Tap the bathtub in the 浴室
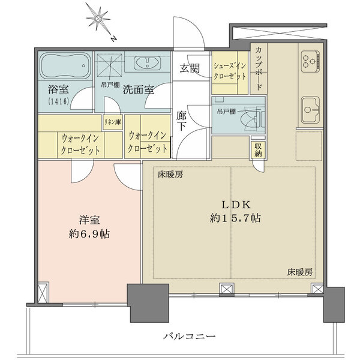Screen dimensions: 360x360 tap(65, 65)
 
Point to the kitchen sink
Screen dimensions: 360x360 tap(310, 110)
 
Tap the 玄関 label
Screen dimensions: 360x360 tap(190, 68)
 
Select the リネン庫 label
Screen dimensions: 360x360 tap(113, 122)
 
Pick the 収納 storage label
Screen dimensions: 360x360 tap(258, 149)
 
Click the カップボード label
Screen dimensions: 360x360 tap(258, 68)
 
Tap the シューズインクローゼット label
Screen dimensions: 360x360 tap(230, 71)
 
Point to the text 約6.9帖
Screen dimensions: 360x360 tap(89, 235)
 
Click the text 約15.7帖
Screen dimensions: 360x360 tap(235, 218)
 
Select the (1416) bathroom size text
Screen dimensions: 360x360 tap(58, 101)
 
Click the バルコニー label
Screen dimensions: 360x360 tap(190, 337)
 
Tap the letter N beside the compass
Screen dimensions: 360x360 tap(113, 39)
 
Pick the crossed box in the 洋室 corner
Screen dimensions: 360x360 tap(43, 293)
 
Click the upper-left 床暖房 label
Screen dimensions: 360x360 tap(170, 175)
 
